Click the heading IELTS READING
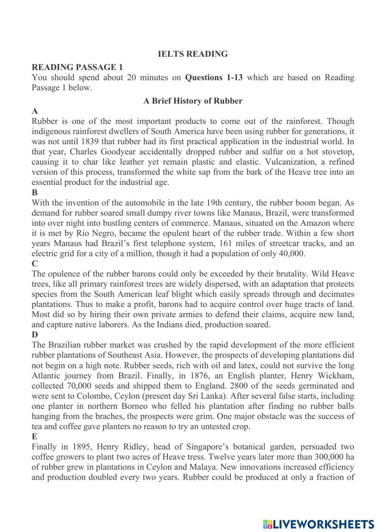(193, 54)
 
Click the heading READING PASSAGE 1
(77, 67)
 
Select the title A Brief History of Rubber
(193, 101)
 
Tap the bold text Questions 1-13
(214, 78)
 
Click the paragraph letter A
(35, 111)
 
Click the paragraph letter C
(35, 264)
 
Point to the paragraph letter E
(35, 437)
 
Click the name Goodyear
(120, 152)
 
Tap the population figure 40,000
(291, 253)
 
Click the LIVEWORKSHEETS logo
(319, 524)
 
